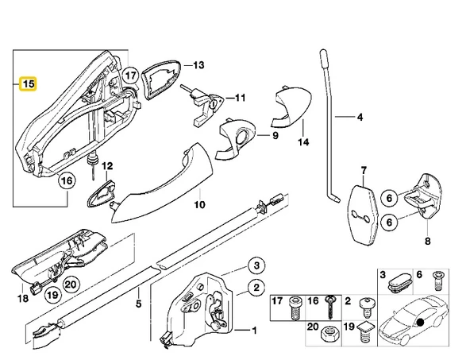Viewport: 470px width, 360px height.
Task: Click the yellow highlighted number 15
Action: [28, 84]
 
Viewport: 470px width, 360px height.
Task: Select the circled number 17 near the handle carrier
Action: [131, 75]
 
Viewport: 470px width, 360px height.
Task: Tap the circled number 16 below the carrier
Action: [67, 181]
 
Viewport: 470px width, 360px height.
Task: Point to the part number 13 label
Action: [198, 65]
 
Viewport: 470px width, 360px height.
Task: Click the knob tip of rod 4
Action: [324, 59]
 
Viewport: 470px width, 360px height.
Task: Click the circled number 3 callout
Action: [256, 265]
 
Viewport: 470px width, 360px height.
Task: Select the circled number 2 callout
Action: [256, 288]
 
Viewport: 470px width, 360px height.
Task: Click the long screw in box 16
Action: [330, 308]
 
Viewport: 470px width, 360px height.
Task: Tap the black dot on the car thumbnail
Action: [420, 323]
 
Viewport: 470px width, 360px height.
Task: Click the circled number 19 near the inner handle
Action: [52, 295]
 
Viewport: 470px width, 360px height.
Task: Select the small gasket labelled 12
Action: [101, 193]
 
